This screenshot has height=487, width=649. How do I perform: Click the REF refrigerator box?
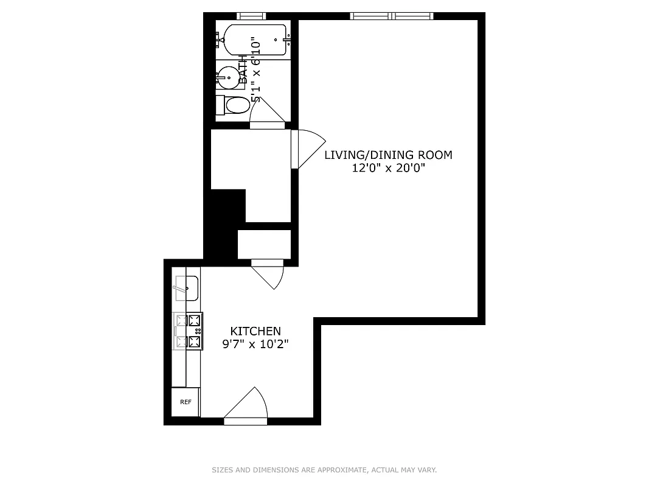tap(186, 402)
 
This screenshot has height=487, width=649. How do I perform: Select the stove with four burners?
tap(189, 331)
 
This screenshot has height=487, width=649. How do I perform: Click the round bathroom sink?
tap(227, 77)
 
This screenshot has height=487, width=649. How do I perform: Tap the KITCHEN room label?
tap(255, 331)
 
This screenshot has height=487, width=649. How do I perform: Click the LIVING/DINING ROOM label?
tap(388, 155)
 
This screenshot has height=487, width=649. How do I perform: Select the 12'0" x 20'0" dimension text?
tap(388, 169)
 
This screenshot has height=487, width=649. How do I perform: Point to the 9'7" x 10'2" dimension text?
tap(255, 344)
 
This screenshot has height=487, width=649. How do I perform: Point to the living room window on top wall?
tap(392, 16)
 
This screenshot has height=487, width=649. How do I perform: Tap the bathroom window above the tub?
tap(251, 16)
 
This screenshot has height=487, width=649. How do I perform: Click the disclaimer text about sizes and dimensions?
tap(324, 470)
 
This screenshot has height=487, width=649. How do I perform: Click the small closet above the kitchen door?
tap(264, 244)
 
